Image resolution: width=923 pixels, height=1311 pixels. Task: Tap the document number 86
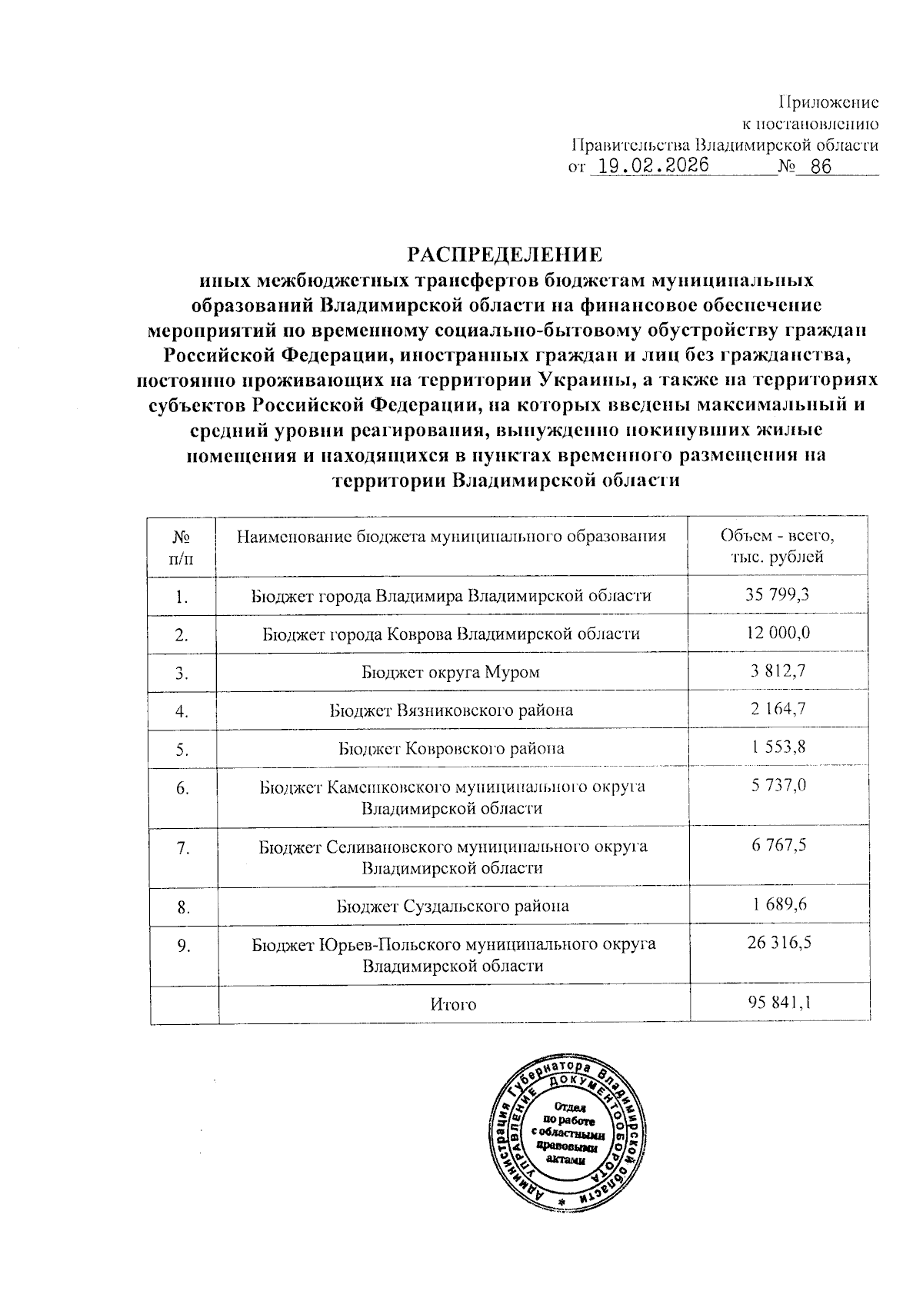click(x=821, y=167)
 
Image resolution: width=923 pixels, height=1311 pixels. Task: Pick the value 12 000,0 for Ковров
click(x=778, y=633)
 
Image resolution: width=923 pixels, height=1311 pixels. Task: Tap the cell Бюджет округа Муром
click(x=451, y=672)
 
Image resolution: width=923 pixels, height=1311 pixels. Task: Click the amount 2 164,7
click(x=778, y=709)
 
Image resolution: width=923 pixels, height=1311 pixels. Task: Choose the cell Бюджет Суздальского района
click(x=452, y=906)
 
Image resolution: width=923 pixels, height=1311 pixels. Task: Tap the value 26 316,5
click(x=778, y=943)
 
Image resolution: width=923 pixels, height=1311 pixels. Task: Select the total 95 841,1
click(x=778, y=1003)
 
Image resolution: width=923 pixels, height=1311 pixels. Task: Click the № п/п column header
click(x=182, y=546)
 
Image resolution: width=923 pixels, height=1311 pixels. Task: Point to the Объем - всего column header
click(x=778, y=546)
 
